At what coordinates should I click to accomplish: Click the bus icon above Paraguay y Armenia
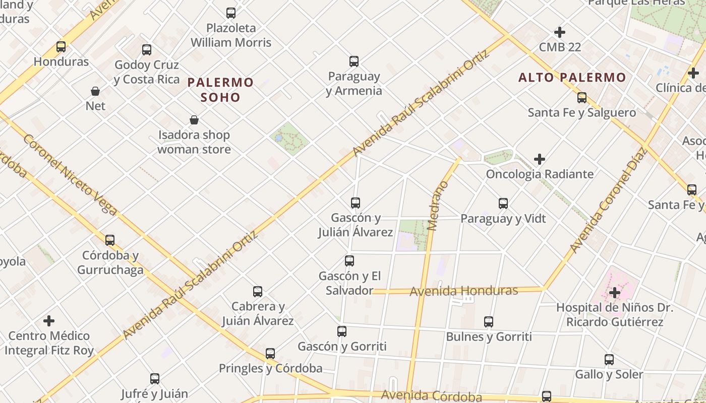pos(354,61)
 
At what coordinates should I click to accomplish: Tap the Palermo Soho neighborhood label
pos(220,89)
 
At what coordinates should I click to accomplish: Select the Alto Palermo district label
pos(572,78)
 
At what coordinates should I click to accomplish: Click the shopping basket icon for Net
pos(95,91)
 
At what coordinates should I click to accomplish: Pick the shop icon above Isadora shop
pos(194,120)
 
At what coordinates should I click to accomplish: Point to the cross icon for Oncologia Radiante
pos(540,159)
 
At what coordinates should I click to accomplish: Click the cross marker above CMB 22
pos(560,32)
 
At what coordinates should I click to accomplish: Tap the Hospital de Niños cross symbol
pos(615,292)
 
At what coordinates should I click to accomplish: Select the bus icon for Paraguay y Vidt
pos(503,204)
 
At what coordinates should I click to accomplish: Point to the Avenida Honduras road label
pos(463,291)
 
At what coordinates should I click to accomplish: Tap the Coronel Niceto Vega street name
pos(70,174)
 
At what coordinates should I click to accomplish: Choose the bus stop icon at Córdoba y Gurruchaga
pos(110,240)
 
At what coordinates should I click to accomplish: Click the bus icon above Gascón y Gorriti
pos(342,331)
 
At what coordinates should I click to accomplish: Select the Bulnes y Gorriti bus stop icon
pos(489,322)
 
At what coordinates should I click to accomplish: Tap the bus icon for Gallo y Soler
pos(609,360)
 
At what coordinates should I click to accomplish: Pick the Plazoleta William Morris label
pos(231,35)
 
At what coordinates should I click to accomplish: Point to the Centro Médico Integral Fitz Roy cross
pos(49,321)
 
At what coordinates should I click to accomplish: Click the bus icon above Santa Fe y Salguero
pos(582,98)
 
